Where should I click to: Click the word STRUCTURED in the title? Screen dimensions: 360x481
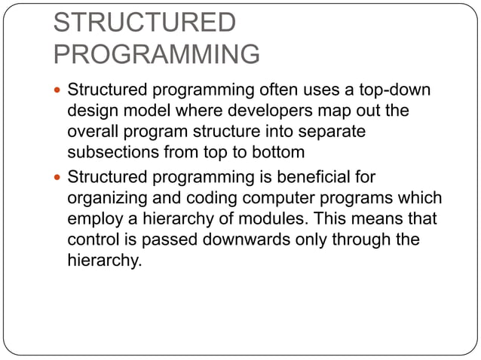(144, 23)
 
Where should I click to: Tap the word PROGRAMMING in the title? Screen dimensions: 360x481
(157, 54)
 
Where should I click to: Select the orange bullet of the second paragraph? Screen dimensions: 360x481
(60, 179)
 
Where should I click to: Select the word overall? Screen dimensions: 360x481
(94, 131)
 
